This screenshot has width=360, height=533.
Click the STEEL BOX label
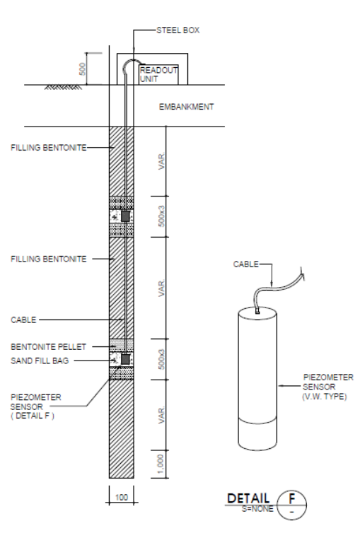tap(178, 30)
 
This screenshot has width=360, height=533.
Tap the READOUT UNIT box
tap(158, 75)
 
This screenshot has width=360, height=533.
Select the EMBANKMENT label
tap(186, 107)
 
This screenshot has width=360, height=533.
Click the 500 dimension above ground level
tap(82, 69)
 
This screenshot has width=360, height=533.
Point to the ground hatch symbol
tap(63, 88)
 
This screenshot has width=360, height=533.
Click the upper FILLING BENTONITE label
tap(49, 148)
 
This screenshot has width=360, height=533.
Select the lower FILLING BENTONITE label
tap(49, 259)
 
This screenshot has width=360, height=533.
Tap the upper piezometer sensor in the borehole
tap(125, 216)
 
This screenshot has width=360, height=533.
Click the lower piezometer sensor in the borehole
tap(125, 359)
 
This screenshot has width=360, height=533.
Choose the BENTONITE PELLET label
tap(48, 346)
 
